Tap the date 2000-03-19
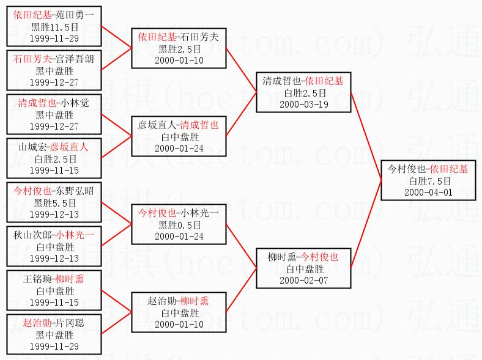[303, 104]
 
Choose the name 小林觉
[76, 103]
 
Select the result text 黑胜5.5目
[54, 202]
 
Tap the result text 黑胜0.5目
[179, 225]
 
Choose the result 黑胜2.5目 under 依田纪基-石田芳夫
[179, 49]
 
